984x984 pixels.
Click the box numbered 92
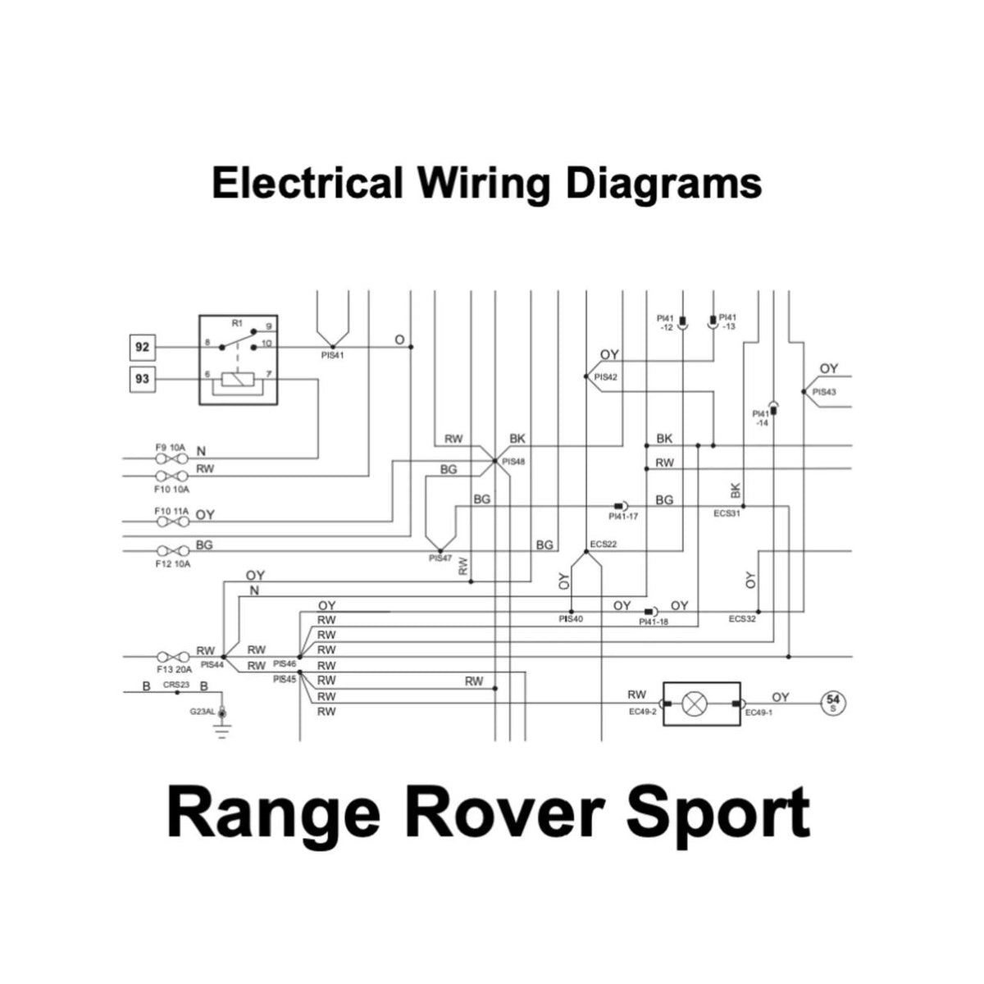point(143,347)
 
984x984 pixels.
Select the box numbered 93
point(143,379)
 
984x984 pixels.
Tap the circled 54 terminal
point(834,703)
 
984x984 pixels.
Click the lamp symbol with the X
point(696,704)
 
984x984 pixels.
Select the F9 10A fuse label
point(171,448)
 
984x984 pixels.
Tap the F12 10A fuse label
point(172,565)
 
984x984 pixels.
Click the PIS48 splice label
point(513,462)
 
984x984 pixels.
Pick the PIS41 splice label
point(333,356)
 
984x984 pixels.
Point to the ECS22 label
point(604,544)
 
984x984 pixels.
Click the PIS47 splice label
point(440,558)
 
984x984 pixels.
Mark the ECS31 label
point(727,514)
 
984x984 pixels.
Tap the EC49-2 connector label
point(643,712)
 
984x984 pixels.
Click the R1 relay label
point(237,323)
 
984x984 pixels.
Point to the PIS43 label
point(824,392)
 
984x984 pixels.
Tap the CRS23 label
point(175,685)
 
